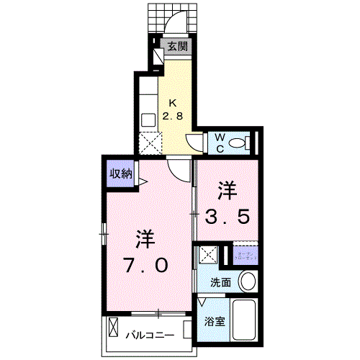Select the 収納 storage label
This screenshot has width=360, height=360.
[x=120, y=174]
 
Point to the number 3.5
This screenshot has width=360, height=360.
[x=230, y=215]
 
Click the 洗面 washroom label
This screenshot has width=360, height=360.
[x=220, y=283]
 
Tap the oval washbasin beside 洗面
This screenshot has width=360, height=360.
[x=248, y=280]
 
